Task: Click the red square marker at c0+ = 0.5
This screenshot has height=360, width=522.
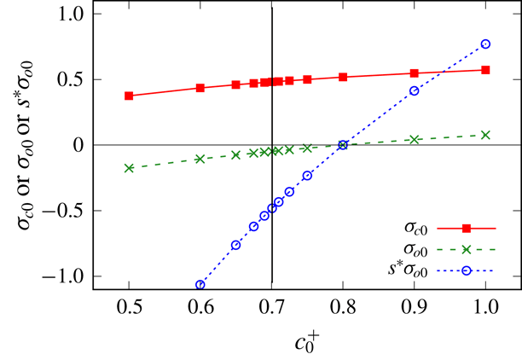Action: point(129,96)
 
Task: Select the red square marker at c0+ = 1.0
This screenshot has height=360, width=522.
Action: point(485,70)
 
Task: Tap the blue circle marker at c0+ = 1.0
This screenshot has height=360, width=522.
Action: point(485,44)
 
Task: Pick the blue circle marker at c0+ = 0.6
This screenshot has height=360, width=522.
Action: point(200,285)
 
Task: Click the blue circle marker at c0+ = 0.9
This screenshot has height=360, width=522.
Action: point(415,90)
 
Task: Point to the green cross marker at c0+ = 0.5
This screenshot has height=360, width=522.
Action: point(129,168)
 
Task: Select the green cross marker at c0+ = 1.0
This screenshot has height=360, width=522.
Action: point(485,135)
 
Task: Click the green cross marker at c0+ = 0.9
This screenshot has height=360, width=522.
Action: point(415,139)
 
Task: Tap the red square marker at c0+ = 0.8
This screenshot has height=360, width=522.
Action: point(343,77)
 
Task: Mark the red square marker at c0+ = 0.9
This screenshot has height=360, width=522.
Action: point(415,73)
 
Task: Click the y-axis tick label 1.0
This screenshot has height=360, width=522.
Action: point(70,15)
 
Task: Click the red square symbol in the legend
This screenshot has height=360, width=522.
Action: point(467,229)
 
